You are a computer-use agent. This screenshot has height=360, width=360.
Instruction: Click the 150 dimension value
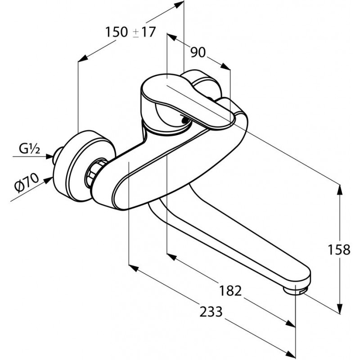click(117, 31)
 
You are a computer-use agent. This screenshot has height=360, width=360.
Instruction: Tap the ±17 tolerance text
click(144, 31)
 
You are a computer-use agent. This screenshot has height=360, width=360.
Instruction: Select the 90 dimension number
click(198, 53)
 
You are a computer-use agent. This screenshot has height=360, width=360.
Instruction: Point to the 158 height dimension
click(339, 250)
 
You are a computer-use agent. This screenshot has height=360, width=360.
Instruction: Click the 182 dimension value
click(230, 291)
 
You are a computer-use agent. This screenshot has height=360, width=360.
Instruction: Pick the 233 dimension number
click(211, 312)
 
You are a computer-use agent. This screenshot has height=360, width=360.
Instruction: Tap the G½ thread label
click(29, 149)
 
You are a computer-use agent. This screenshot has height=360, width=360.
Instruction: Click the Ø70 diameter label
click(27, 183)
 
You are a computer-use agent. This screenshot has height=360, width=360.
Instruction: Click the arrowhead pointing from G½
click(50, 157)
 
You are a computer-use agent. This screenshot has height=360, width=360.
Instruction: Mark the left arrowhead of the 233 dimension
click(134, 268)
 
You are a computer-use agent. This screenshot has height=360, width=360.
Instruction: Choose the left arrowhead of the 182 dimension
click(172, 256)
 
